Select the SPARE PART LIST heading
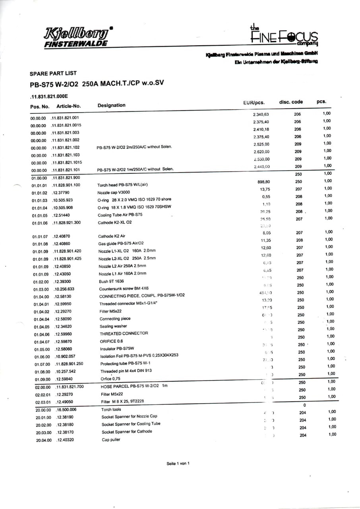53,74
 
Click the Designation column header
111,105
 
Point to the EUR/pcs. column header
254,103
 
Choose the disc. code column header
291,102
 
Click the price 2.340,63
261,115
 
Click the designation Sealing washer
113,326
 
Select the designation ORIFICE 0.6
111,341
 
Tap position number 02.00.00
43,387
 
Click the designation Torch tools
111,409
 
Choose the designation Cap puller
111,439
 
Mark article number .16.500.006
66,410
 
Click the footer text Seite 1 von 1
178,463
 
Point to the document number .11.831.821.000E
49,96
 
